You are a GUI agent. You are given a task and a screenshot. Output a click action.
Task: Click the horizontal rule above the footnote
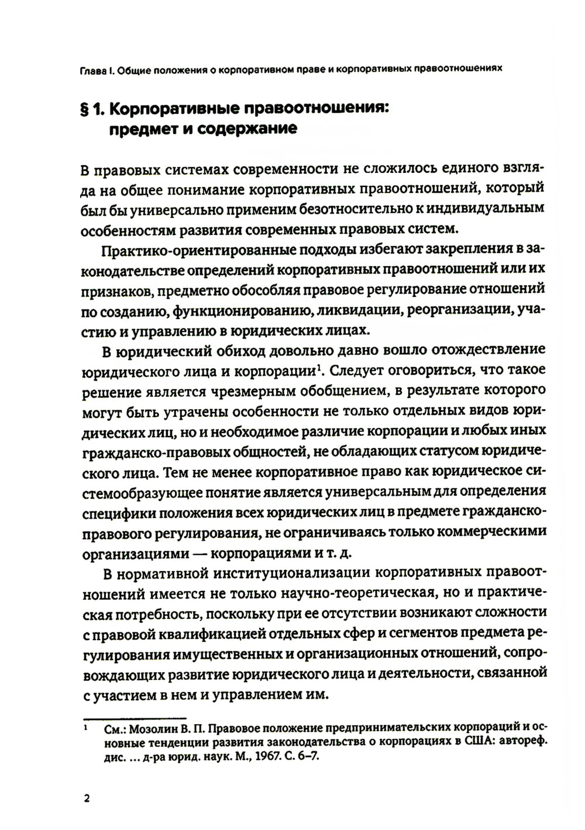[x=134, y=718]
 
